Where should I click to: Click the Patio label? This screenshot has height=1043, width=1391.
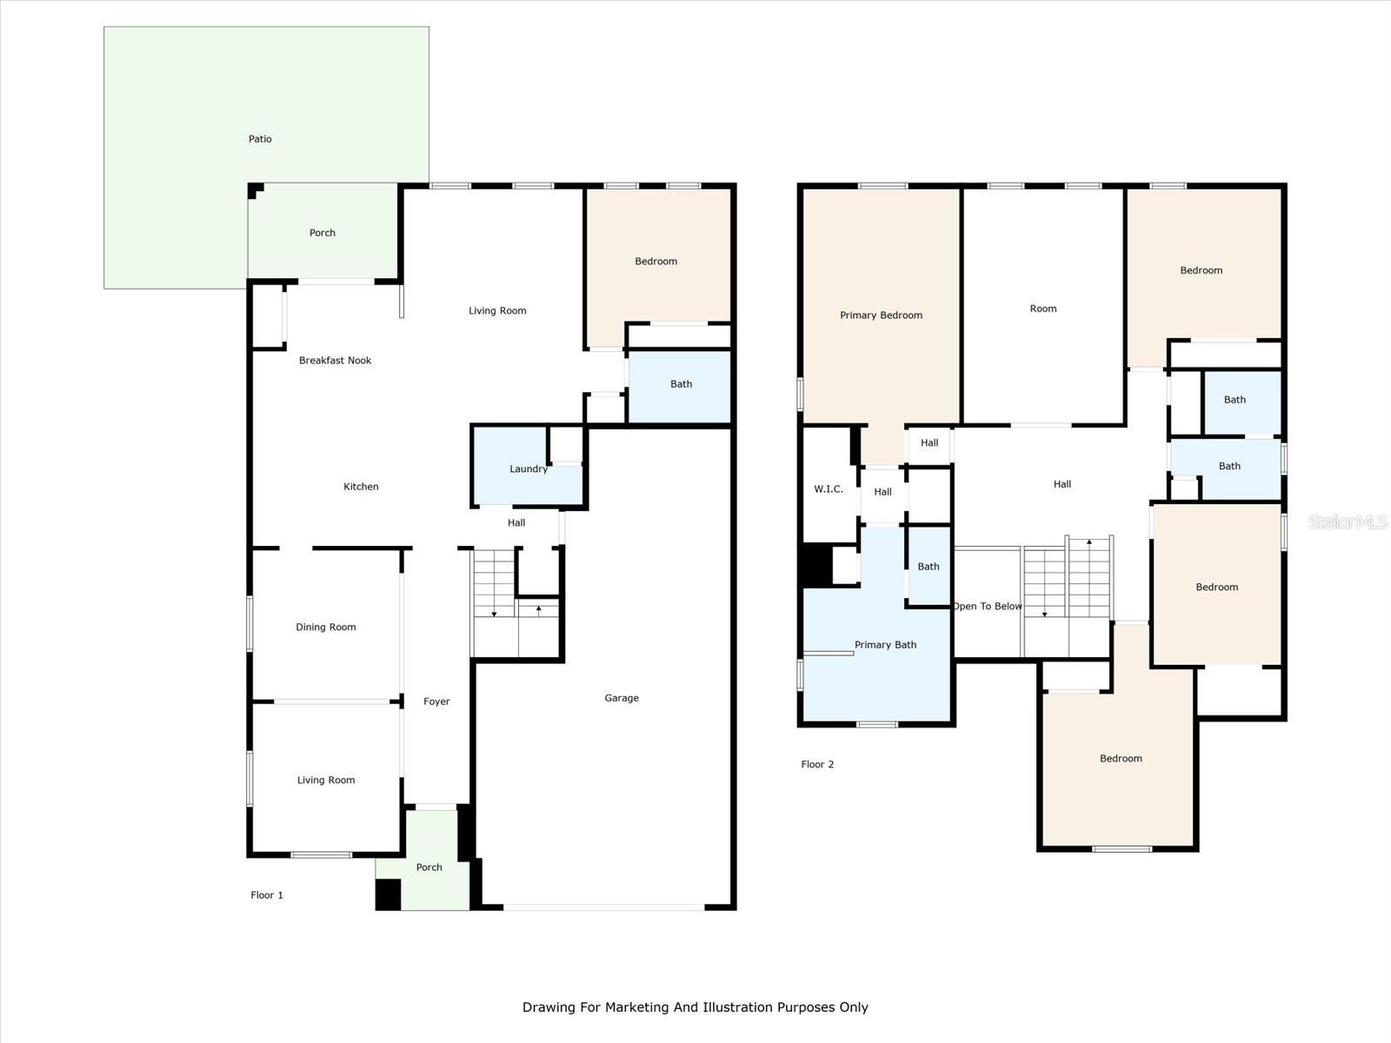tap(260, 139)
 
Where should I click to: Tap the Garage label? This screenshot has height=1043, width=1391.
tap(622, 698)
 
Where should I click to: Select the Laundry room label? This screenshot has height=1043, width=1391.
tap(528, 469)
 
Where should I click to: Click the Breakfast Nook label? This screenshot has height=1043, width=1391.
tap(335, 361)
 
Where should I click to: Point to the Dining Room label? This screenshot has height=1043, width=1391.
tap(325, 628)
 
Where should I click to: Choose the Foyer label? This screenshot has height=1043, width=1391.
tap(436, 702)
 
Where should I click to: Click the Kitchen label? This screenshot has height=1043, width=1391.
tap(361, 487)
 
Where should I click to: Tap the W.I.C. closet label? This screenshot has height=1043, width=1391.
tap(828, 489)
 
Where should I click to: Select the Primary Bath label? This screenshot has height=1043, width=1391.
tap(885, 645)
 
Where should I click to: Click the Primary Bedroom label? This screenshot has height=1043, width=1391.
tap(881, 316)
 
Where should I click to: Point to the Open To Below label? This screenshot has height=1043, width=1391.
tap(988, 607)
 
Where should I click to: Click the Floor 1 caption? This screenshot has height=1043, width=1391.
tap(267, 895)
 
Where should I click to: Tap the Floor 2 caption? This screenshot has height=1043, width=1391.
tap(817, 765)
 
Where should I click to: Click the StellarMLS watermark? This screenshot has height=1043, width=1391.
tap(1347, 522)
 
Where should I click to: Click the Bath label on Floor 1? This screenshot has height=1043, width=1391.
tap(681, 384)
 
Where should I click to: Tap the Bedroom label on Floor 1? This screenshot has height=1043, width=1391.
tap(656, 262)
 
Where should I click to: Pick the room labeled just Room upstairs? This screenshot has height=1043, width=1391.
tap(1043, 309)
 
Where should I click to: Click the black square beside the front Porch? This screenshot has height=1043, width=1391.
tap(388, 894)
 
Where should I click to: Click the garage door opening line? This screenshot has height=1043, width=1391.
tap(603, 907)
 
